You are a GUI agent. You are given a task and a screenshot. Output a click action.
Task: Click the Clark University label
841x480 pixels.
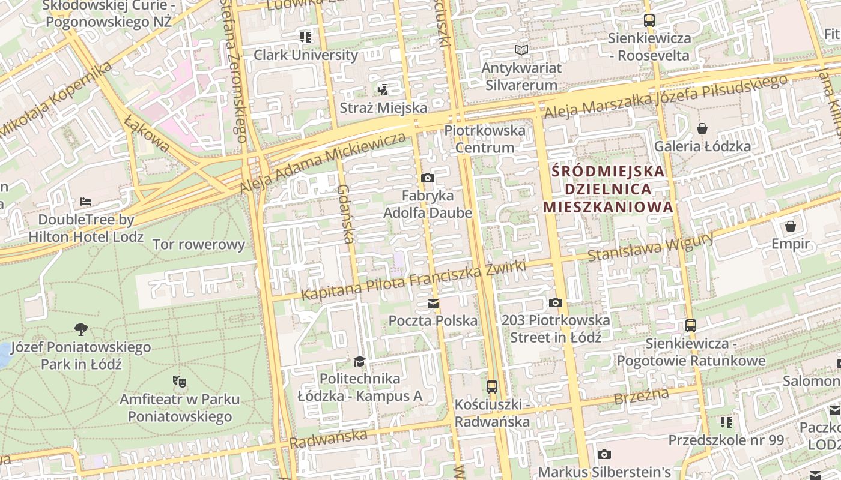pos(305,55)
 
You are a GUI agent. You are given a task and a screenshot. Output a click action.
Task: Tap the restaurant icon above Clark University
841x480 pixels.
pos(306,37)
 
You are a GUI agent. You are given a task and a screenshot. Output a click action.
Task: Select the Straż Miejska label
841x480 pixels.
pos(383,108)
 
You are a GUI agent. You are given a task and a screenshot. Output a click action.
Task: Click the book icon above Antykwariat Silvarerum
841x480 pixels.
pos(521,50)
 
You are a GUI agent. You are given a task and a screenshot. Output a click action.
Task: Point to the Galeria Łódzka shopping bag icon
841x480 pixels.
pos(702,128)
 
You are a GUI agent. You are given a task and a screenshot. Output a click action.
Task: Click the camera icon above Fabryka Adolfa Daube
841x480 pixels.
pos(428,178)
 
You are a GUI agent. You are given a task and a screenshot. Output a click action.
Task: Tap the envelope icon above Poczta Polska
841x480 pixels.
pos(433,304)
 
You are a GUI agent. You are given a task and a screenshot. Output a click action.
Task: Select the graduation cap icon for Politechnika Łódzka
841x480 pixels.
pos(359,361)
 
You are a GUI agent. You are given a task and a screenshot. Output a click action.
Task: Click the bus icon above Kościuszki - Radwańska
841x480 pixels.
pos(492,386)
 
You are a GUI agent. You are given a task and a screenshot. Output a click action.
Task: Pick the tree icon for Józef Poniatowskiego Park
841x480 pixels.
pos(80,329)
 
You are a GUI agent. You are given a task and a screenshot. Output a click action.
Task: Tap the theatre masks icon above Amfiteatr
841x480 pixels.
pos(179,381)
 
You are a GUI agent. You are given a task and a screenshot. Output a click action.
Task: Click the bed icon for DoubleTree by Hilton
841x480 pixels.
pos(86,201)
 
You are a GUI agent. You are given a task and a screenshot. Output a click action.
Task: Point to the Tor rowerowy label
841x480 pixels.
pos(199,244)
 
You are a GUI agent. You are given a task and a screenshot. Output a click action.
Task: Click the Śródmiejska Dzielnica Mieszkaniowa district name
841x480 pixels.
pos(608,189)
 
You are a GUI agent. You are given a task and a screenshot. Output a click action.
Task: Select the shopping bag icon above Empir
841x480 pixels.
pos(791,226)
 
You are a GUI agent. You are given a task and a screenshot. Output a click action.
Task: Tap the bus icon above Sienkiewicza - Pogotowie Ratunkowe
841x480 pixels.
pos(691,326)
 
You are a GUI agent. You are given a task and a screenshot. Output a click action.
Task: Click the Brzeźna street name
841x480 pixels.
pos(641,397)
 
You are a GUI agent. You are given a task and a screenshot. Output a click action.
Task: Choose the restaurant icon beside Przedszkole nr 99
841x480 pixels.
pos(726,422)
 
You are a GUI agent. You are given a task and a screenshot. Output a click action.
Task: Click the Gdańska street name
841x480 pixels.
pos(345,213)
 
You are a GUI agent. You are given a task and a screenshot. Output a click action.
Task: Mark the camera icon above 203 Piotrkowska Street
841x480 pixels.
pos(556,303)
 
